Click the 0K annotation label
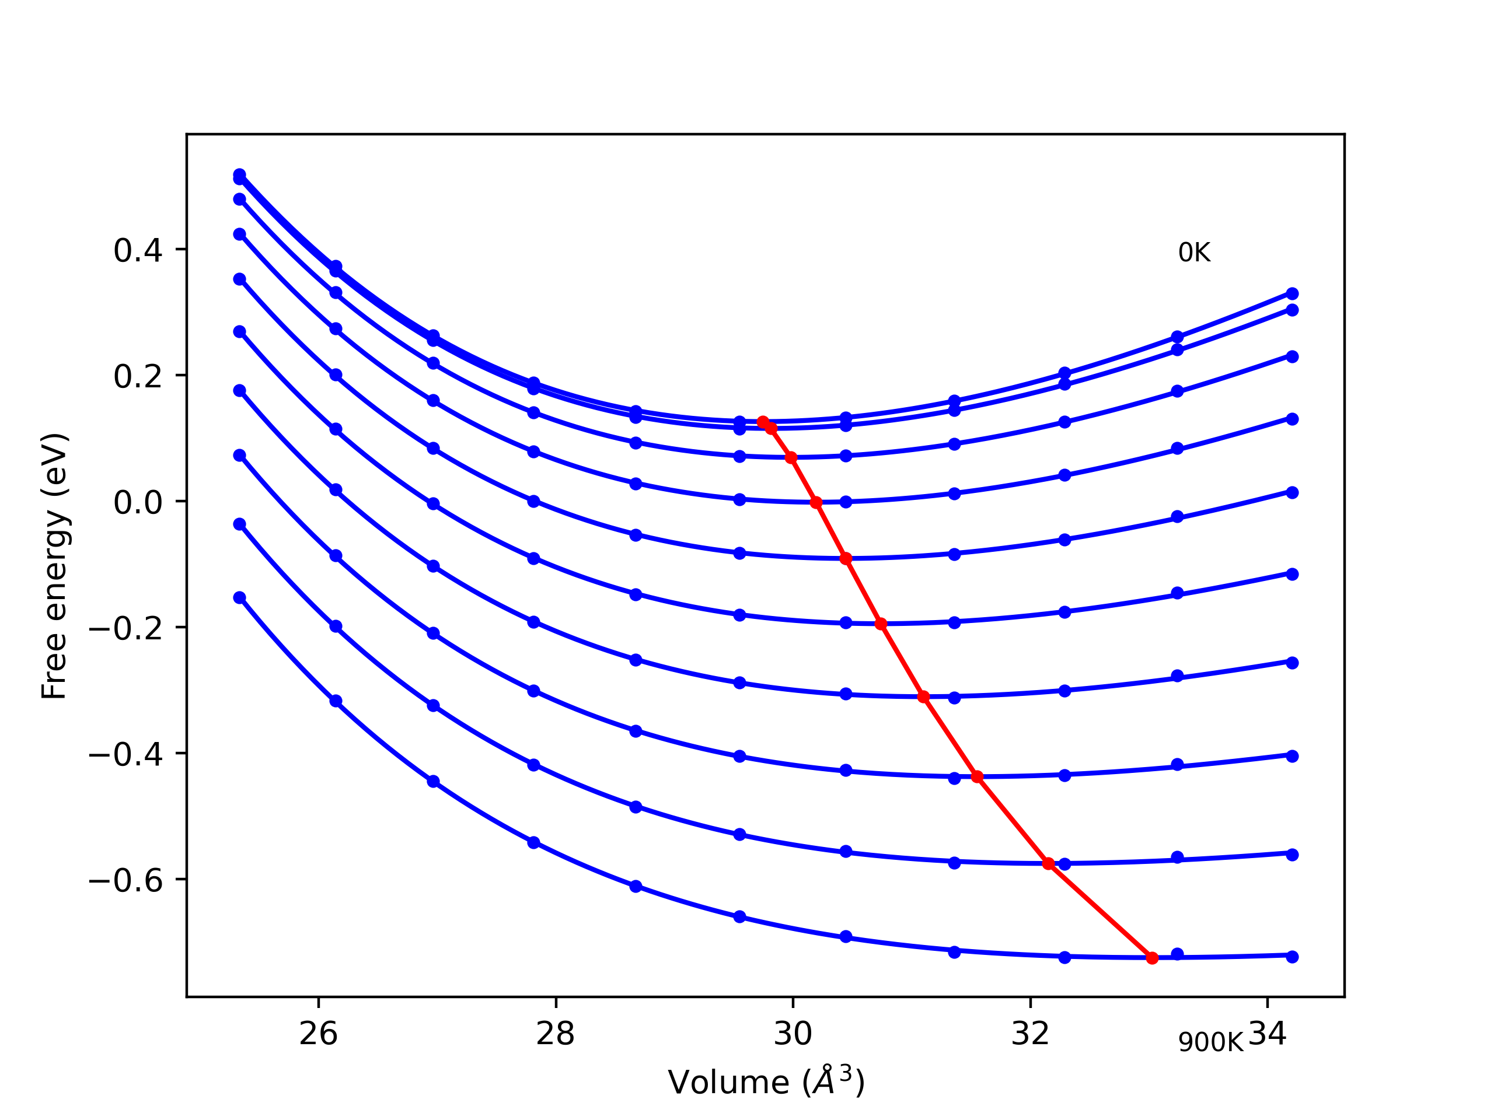pyautogui.click(x=1194, y=253)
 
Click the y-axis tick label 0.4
pyautogui.click(x=138, y=250)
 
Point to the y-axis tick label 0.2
pyautogui.click(x=138, y=376)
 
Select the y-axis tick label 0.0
pyautogui.click(x=138, y=502)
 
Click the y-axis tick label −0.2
pyautogui.click(x=125, y=628)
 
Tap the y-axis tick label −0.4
pyautogui.click(x=125, y=755)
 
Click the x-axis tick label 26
pyautogui.click(x=318, y=1034)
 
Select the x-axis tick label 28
pyautogui.click(x=555, y=1034)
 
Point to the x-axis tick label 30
pyautogui.click(x=793, y=1034)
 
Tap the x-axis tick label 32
pyautogui.click(x=1030, y=1034)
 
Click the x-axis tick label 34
pyautogui.click(x=1267, y=1034)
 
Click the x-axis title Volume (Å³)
pyautogui.click(x=766, y=1081)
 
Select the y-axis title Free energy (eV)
pyautogui.click(x=54, y=566)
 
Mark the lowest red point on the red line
pyautogui.click(x=1152, y=958)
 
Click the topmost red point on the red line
pyautogui.click(x=763, y=422)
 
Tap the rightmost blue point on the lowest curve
pyautogui.click(x=1292, y=957)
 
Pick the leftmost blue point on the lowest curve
pyautogui.click(x=240, y=597)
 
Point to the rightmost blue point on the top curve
pyautogui.click(x=1292, y=293)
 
